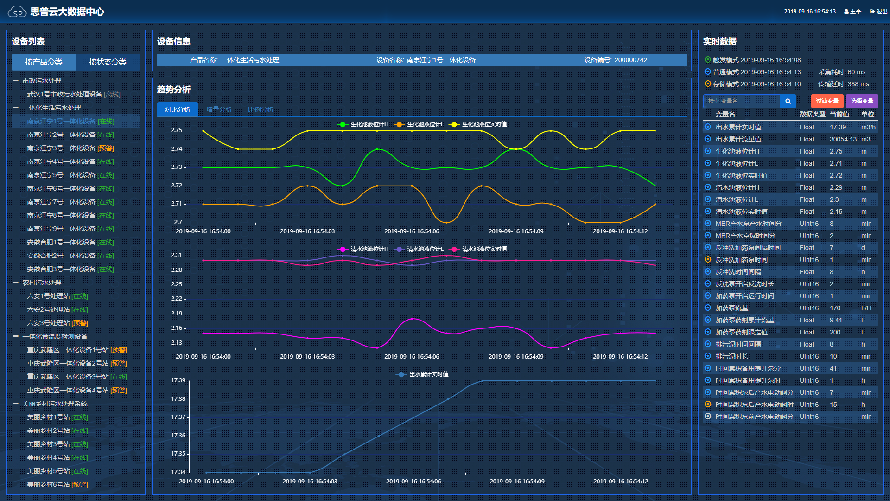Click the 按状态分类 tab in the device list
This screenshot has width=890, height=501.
[x=108, y=62]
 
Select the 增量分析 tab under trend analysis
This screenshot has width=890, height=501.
[x=219, y=109]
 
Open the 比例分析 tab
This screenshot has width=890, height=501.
[x=261, y=109]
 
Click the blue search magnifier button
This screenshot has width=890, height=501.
[x=788, y=101]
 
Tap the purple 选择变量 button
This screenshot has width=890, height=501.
[x=862, y=101]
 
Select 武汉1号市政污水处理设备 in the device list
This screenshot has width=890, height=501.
[x=64, y=94]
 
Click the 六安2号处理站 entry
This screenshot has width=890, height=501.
[x=48, y=309]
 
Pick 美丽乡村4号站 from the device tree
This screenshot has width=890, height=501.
[x=48, y=457]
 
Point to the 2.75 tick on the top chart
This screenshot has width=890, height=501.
[x=177, y=130]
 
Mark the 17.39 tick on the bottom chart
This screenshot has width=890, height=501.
[x=178, y=380]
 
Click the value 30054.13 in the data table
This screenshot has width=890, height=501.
[x=843, y=139]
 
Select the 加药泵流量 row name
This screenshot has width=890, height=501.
[x=731, y=308]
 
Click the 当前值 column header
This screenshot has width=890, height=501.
[x=839, y=114]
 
